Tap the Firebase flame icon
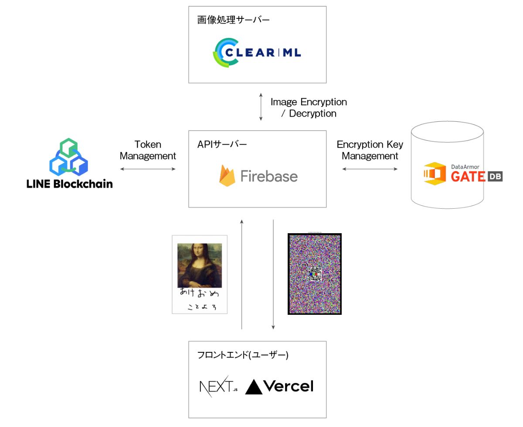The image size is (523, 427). coord(227,176)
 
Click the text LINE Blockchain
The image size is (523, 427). coord(69,184)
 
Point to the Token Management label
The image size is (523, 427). coord(148,150)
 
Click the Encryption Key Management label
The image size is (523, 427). coord(370,150)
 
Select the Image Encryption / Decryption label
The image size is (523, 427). coord(309,108)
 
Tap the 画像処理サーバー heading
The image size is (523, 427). coord(233,20)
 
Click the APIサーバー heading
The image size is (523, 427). coord(222,145)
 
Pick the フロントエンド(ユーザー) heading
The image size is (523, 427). coord(243,355)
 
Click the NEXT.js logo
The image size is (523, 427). coord(218,386)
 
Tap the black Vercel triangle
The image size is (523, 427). coord(254,387)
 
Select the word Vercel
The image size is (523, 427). coord(288,386)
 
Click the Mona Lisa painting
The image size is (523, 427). coord(199,265)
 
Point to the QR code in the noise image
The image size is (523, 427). coord(315,274)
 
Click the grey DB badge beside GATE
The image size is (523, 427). coord(495,176)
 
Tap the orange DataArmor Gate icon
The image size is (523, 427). coord(435,173)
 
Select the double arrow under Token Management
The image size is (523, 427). coord(148,169)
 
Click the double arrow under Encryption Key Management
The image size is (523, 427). coord(370,169)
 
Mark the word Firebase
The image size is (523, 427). coord(269,176)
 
